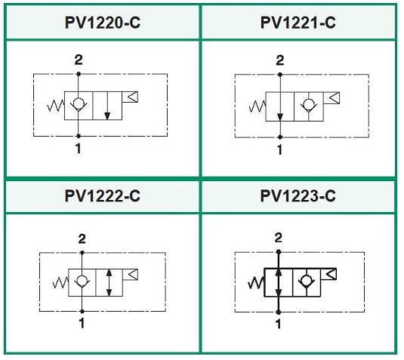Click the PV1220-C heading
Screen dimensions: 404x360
pyautogui.click(x=103, y=23)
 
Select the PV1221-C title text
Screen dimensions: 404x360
pyautogui.click(x=298, y=23)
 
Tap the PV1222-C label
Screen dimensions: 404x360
pyautogui.click(x=103, y=195)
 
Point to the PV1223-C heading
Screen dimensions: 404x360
pyautogui.click(x=298, y=195)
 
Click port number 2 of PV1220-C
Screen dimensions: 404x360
pyautogui.click(x=79, y=60)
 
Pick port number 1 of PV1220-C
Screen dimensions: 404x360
pyautogui.click(x=79, y=149)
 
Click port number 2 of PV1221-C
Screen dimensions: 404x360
pyautogui.click(x=280, y=60)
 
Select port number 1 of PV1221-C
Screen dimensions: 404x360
pyautogui.click(x=280, y=149)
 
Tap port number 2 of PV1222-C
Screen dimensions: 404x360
pyautogui.click(x=82, y=239)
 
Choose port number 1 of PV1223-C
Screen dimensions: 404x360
pyautogui.click(x=278, y=324)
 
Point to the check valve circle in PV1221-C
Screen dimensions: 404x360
pyautogui.click(x=308, y=104)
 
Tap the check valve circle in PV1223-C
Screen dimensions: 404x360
pyautogui.click(x=307, y=280)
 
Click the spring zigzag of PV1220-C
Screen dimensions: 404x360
pyautogui.click(x=56, y=106)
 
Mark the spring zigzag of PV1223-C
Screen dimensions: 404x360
pyautogui.click(x=255, y=282)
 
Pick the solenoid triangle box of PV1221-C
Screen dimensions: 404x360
pyautogui.click(x=332, y=98)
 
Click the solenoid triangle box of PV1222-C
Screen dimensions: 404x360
pyautogui.click(x=131, y=275)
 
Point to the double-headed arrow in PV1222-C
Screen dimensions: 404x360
pyautogui.click(x=109, y=282)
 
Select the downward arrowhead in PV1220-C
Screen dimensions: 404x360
pyautogui.click(x=107, y=116)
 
